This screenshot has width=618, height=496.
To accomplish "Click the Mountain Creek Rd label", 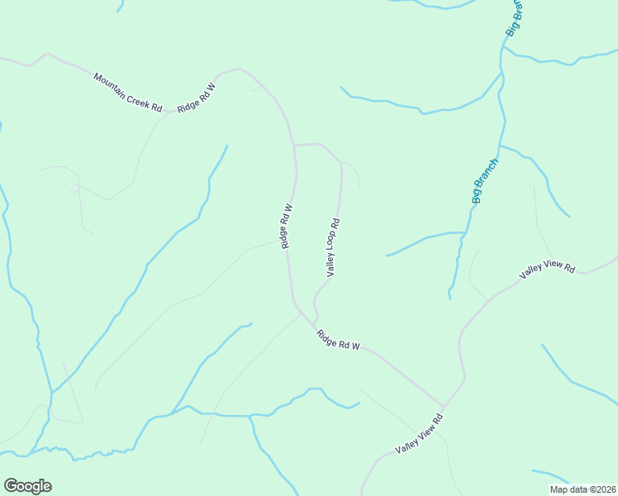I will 128,93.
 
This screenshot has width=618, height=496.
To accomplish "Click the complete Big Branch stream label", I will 485,181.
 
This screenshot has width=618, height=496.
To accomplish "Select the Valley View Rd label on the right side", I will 547,269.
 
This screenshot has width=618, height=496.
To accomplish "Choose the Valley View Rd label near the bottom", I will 420,432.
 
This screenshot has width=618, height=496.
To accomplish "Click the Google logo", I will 27,486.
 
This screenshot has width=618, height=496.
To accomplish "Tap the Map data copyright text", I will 582,489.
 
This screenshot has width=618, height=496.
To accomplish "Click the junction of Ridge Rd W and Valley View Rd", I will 444,407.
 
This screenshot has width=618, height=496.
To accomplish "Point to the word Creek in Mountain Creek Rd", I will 137,98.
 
